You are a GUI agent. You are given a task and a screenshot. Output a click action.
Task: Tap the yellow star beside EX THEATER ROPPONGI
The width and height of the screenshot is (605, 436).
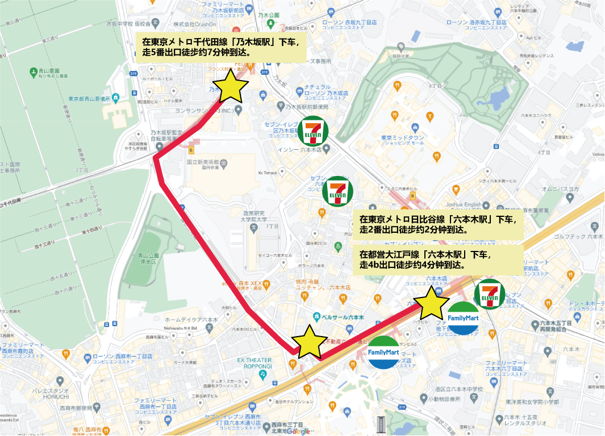(309, 342)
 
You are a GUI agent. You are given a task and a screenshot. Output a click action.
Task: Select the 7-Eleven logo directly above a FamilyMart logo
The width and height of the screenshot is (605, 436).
(490, 294)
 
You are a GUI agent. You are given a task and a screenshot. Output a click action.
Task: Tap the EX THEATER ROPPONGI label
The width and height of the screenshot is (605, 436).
(256, 363)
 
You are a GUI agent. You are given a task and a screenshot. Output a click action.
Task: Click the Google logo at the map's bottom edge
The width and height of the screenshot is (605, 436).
(299, 431)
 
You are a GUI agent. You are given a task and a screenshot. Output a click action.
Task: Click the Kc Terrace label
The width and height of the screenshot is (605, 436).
(267, 173)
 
